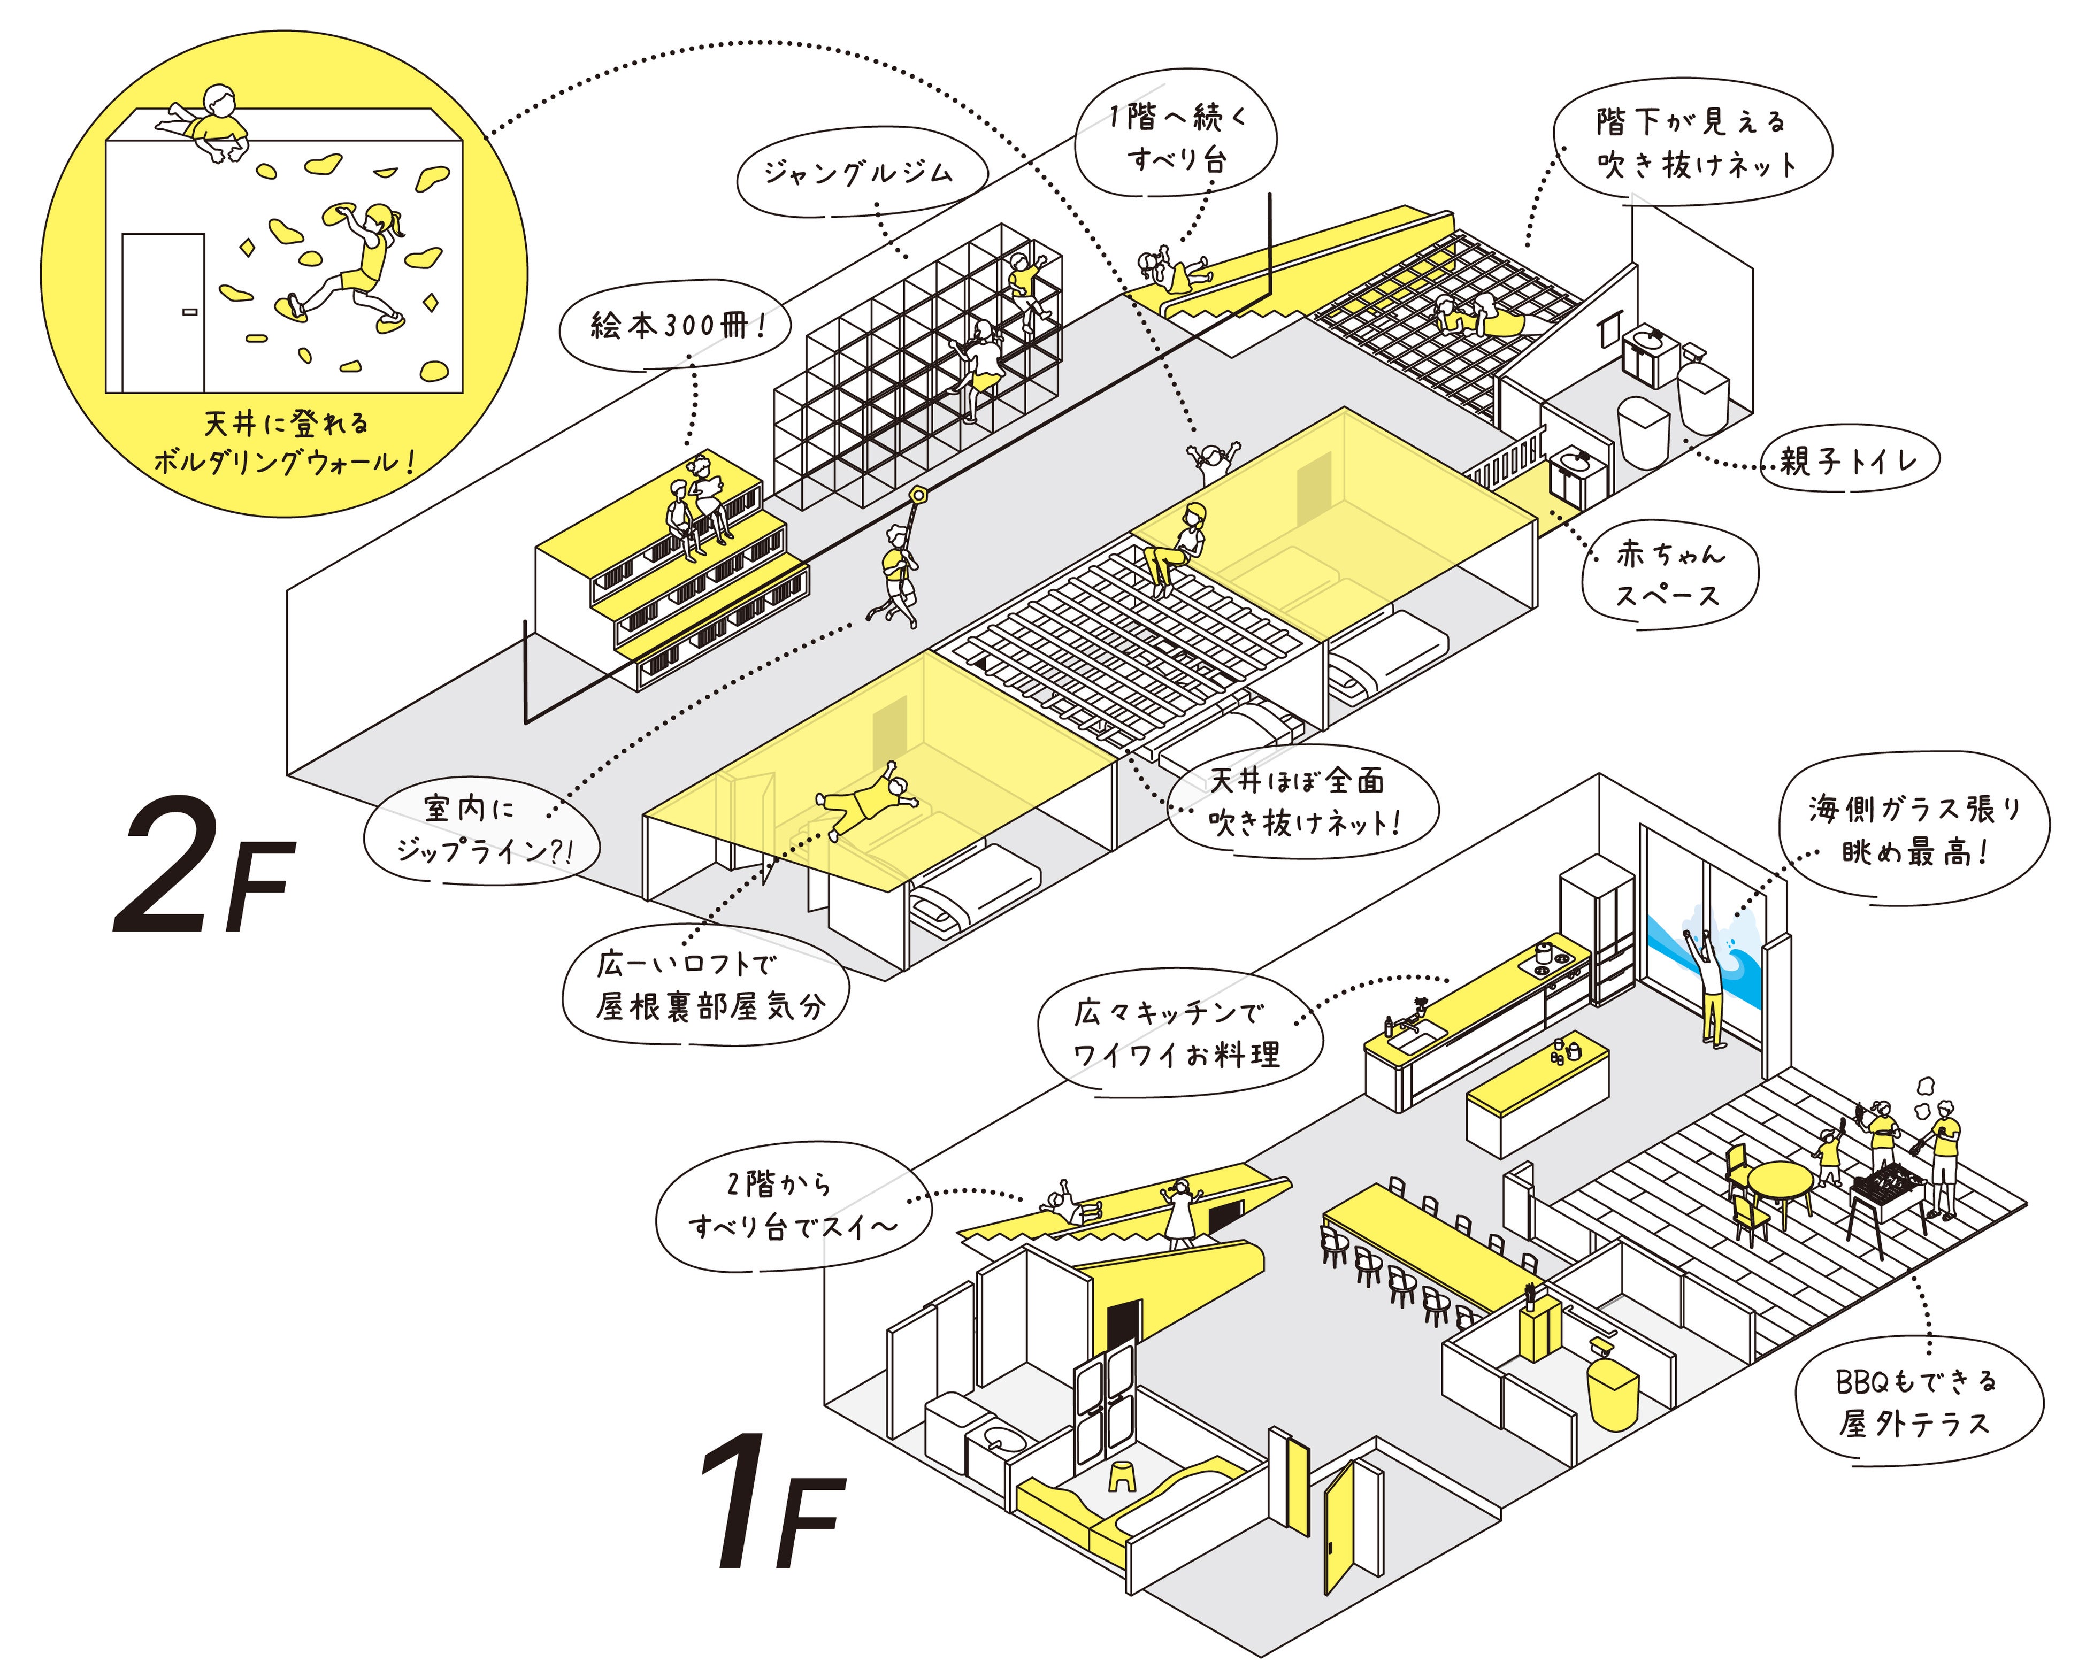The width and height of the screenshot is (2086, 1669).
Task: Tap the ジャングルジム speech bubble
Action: (859, 174)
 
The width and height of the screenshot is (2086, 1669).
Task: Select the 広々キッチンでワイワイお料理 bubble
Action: (1177, 1033)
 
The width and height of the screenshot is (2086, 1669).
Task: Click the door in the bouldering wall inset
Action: (163, 312)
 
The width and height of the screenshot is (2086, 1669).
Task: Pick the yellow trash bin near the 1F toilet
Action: (1611, 1393)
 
